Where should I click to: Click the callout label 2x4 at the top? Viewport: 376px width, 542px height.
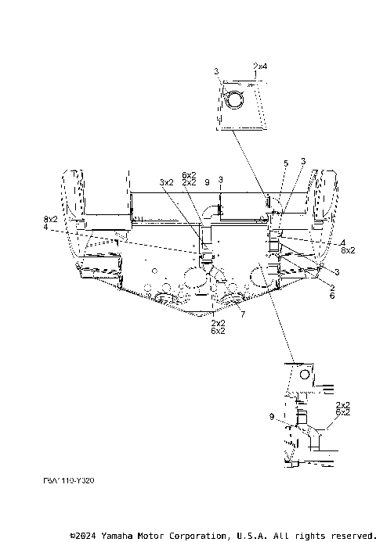260,66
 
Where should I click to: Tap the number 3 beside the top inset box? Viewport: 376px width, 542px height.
216,72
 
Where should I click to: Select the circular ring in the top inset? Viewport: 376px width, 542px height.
234,99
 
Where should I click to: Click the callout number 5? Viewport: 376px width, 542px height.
286,163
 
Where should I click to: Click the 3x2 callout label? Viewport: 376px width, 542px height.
167,181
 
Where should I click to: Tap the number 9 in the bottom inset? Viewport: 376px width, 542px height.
272,417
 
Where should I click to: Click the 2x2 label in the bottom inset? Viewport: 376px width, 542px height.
342,404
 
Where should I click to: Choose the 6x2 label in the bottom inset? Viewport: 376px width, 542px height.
342,411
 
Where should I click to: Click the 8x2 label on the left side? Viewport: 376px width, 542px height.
50,220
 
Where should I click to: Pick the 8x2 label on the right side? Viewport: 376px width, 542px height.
348,250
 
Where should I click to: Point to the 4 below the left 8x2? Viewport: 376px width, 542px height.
45,227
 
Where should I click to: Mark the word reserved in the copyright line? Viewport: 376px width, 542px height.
349,536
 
